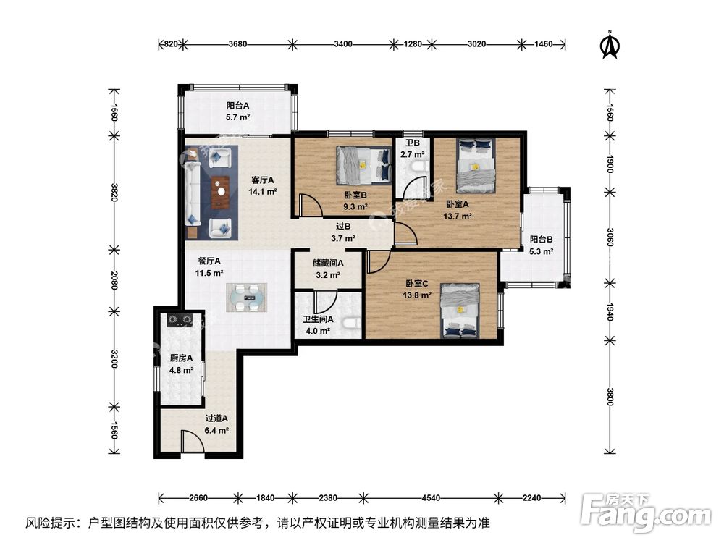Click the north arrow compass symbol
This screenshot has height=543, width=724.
tap(610, 44)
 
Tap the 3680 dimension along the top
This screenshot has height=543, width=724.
tap(237, 44)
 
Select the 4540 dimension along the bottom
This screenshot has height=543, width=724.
tap(431, 498)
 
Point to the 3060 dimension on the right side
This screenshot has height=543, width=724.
tap(610, 237)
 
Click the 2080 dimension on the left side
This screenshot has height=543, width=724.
tap(114, 280)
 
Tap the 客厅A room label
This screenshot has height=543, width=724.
tap(263, 180)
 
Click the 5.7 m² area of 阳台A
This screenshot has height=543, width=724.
tap(237, 117)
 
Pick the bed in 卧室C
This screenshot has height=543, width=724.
tap(460, 310)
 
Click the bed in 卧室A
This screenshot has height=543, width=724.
tap(476, 165)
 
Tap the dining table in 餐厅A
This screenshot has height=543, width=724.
tap(247, 297)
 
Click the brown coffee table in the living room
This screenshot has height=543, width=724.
tap(221, 192)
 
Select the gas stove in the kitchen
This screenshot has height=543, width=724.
tap(180, 319)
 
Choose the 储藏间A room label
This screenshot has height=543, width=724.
tap(328, 264)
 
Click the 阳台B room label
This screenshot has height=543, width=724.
tap(541, 239)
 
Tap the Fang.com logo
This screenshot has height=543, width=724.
tap(646, 512)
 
